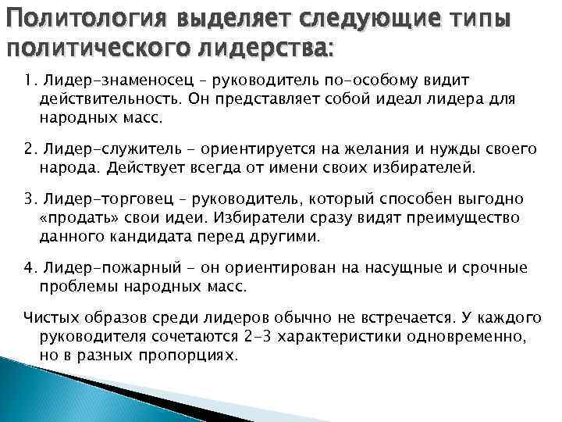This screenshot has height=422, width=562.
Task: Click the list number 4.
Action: click(x=27, y=268)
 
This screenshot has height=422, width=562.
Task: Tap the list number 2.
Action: click(x=27, y=148)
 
